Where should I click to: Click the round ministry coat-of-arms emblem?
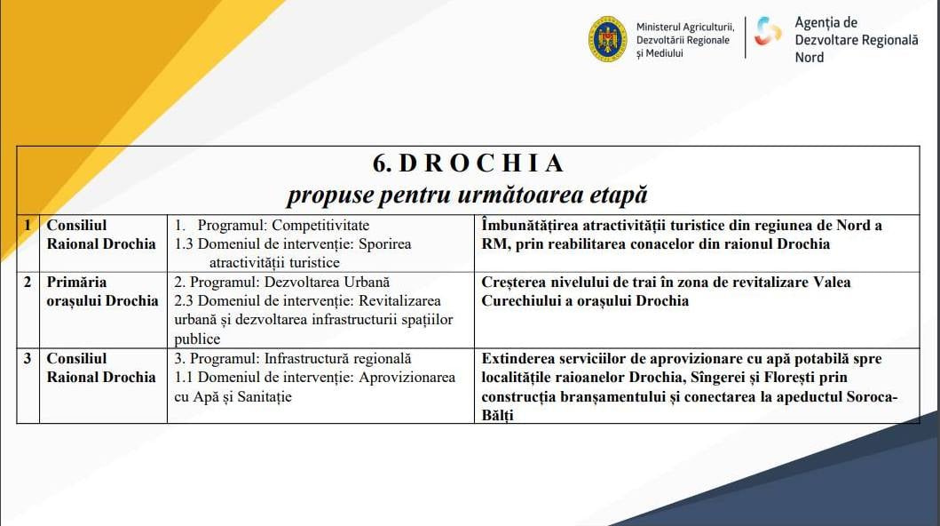point(607,40)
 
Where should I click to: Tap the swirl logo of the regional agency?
point(768,31)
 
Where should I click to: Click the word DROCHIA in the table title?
point(481,163)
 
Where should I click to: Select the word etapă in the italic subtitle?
point(619,195)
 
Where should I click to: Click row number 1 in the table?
point(27,226)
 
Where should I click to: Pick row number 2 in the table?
point(27,282)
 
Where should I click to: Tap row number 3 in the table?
point(27,359)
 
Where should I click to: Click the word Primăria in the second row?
point(76,282)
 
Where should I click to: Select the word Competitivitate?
point(320,226)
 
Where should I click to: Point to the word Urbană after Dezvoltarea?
point(367,282)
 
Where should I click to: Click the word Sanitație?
point(265,397)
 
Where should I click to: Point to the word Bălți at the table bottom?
point(498,416)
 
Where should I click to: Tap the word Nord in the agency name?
point(810,58)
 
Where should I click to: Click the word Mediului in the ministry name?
point(664,53)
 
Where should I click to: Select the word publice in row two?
point(197,339)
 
